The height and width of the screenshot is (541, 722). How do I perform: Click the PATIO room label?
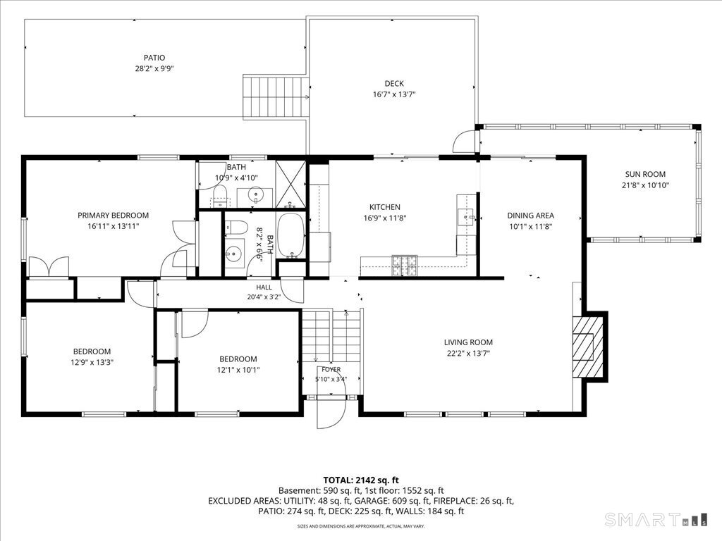click(154, 58)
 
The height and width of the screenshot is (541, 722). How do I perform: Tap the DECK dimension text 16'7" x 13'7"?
click(394, 95)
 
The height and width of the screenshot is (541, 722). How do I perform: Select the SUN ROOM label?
click(645, 175)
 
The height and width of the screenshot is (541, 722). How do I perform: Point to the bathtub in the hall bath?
click(291, 235)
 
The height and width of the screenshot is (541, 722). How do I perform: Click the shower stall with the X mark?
click(290, 184)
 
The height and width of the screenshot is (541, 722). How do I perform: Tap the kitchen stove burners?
click(404, 266)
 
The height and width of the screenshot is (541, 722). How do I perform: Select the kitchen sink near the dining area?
click(466, 216)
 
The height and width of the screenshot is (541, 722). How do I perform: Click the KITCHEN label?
click(385, 208)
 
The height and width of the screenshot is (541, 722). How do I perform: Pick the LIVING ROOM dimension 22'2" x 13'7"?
click(468, 354)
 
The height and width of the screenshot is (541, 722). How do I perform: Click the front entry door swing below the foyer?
click(331, 411)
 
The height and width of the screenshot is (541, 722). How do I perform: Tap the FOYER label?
click(331, 369)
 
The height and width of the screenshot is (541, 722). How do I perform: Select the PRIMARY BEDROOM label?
click(113, 216)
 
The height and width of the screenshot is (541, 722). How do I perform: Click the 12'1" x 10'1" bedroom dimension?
click(238, 371)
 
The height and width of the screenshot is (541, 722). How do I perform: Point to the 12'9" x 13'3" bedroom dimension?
click(92, 363)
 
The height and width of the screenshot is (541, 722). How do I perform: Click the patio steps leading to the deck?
click(276, 97)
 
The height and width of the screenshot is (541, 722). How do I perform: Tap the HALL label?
click(264, 287)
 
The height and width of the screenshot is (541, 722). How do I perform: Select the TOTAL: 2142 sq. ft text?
click(360, 480)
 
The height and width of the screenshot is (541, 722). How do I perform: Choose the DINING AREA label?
click(530, 216)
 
